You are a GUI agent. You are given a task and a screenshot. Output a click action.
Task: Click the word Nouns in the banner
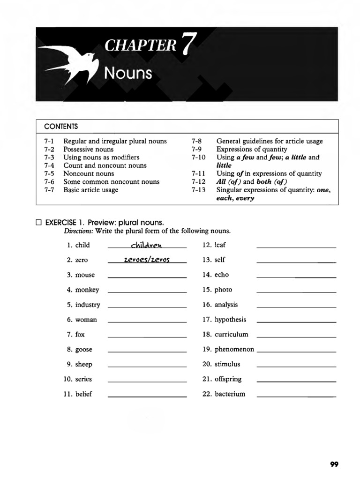[x=128, y=73]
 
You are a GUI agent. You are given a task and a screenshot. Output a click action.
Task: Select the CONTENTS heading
[x=60, y=127]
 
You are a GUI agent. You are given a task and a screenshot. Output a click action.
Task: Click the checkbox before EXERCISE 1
[x=39, y=222]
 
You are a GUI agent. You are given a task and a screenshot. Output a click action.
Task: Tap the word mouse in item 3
[x=85, y=275]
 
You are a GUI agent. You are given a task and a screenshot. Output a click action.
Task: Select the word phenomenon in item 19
[x=234, y=350]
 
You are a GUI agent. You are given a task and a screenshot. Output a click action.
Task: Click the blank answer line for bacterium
[x=296, y=397]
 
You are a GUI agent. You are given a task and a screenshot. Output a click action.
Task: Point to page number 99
[x=334, y=464]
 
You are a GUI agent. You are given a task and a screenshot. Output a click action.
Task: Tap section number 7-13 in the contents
[x=198, y=190]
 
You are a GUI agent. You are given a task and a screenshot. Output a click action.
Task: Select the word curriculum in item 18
[x=231, y=335]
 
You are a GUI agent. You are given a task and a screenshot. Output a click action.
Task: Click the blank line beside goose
[x=147, y=352]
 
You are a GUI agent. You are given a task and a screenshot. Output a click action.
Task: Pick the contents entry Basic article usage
[x=90, y=190]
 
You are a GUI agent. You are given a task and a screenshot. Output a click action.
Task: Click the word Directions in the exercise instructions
[x=78, y=231]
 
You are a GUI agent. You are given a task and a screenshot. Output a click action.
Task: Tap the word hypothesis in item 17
[x=230, y=320]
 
